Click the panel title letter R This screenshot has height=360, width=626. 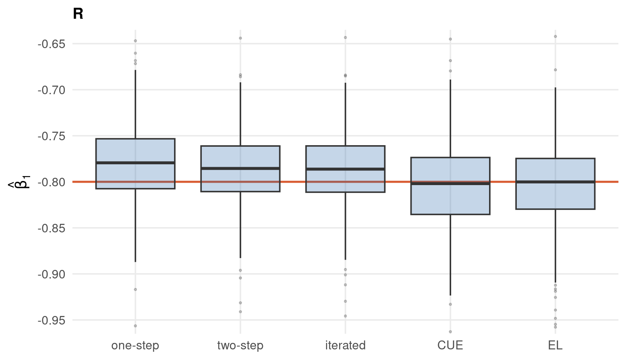point(78,14)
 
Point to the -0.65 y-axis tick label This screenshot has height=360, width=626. point(52,44)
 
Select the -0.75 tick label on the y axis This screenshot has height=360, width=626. point(52,136)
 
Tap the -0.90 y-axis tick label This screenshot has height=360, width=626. point(52,274)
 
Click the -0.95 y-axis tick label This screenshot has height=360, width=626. point(52,320)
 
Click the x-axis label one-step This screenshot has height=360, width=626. point(135,345)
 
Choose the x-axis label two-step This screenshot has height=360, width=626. point(240,345)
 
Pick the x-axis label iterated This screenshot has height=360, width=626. point(346,345)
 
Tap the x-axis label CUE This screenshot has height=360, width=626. point(450,345)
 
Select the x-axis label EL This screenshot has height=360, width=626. point(555,345)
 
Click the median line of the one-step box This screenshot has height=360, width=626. point(135,163)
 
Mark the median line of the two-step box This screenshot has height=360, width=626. point(240,168)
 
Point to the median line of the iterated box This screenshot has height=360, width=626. point(346,169)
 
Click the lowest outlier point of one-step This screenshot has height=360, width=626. point(135,326)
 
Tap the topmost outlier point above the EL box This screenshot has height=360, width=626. point(555,36)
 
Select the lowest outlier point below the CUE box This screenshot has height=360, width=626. point(450,332)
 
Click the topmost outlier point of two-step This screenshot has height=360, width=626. point(240,38)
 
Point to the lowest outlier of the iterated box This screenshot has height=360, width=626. point(346,316)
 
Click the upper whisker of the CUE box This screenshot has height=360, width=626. point(450,119)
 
